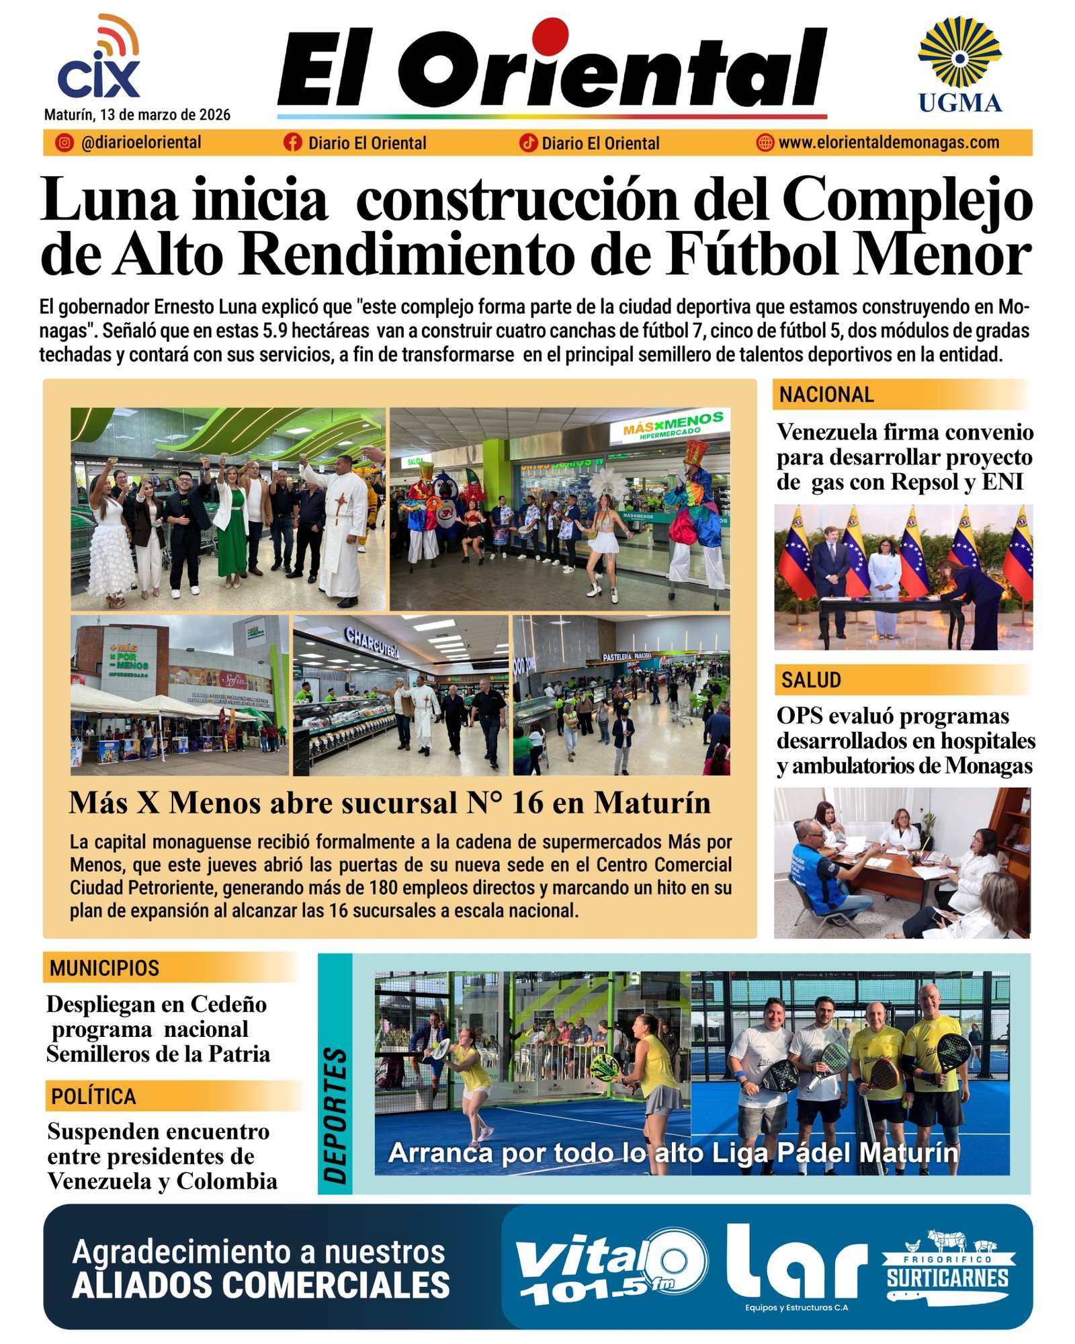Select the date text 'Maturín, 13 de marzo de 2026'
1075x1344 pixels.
tap(137, 115)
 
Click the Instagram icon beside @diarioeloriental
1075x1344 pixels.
tap(64, 142)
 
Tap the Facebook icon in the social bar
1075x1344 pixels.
tap(292, 142)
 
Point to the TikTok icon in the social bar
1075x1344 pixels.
tap(528, 142)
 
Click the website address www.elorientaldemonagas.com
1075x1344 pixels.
tap(888, 142)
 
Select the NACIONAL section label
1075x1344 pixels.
tap(826, 394)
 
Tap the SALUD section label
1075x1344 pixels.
tap(811, 680)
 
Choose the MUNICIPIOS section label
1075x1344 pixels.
tap(104, 968)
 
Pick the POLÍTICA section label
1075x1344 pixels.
tap(93, 1096)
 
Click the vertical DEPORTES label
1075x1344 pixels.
tap(335, 1115)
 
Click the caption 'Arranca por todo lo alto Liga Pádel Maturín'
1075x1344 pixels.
tap(673, 1153)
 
